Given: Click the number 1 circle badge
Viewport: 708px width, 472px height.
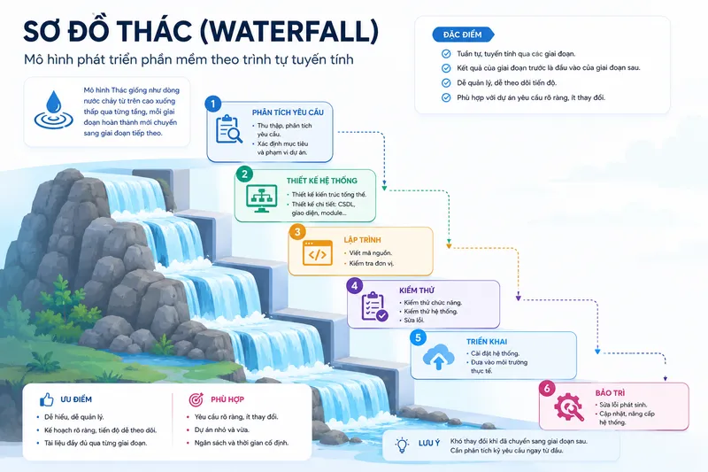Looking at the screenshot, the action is click(x=212, y=104).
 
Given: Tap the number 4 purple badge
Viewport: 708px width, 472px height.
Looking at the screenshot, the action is click(x=355, y=285).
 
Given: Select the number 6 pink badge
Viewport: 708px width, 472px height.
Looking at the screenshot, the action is click(x=547, y=389).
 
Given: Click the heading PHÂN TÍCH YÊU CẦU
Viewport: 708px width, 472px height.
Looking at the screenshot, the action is click(x=288, y=112).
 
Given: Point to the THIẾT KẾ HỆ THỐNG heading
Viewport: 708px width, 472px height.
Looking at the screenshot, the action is click(x=321, y=181).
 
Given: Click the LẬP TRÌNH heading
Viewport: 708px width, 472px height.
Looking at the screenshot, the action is click(x=362, y=240).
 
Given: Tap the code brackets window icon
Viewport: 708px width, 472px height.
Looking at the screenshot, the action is click(x=318, y=253).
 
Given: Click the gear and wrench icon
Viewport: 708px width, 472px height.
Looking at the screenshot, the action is click(x=569, y=407).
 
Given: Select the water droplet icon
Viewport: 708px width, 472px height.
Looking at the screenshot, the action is click(x=54, y=110).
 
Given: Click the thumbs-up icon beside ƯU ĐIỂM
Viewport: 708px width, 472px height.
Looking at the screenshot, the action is click(x=47, y=399).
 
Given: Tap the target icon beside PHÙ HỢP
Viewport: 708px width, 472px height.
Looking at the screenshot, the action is click(x=196, y=399).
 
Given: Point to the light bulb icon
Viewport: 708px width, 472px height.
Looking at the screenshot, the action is click(x=402, y=445).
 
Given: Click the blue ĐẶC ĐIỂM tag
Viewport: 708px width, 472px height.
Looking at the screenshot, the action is click(x=463, y=35).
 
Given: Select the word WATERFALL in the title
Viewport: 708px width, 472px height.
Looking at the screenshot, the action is click(x=289, y=32).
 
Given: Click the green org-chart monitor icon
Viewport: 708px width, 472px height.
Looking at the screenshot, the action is click(x=262, y=198).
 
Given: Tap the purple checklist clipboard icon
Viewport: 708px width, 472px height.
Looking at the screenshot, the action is click(x=374, y=306).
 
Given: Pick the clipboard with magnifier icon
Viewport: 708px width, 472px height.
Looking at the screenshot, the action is click(x=229, y=129).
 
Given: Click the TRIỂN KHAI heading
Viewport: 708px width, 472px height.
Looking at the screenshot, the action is click(x=486, y=342).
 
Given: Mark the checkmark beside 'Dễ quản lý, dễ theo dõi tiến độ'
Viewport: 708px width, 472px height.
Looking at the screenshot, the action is click(x=446, y=83).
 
